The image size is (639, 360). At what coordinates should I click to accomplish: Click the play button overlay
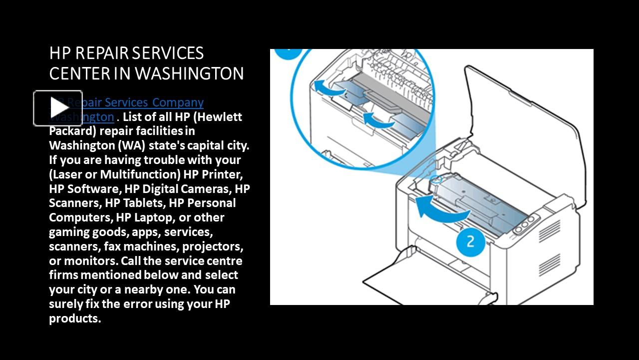tap(58, 108)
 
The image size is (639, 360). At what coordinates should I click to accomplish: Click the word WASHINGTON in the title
tap(189, 73)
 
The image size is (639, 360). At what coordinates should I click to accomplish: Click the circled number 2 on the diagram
tap(470, 242)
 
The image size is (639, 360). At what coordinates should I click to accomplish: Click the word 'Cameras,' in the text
tap(206, 189)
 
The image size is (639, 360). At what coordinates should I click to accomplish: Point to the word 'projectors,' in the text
tap(213, 246)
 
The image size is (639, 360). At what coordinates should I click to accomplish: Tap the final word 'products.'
tap(75, 318)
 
